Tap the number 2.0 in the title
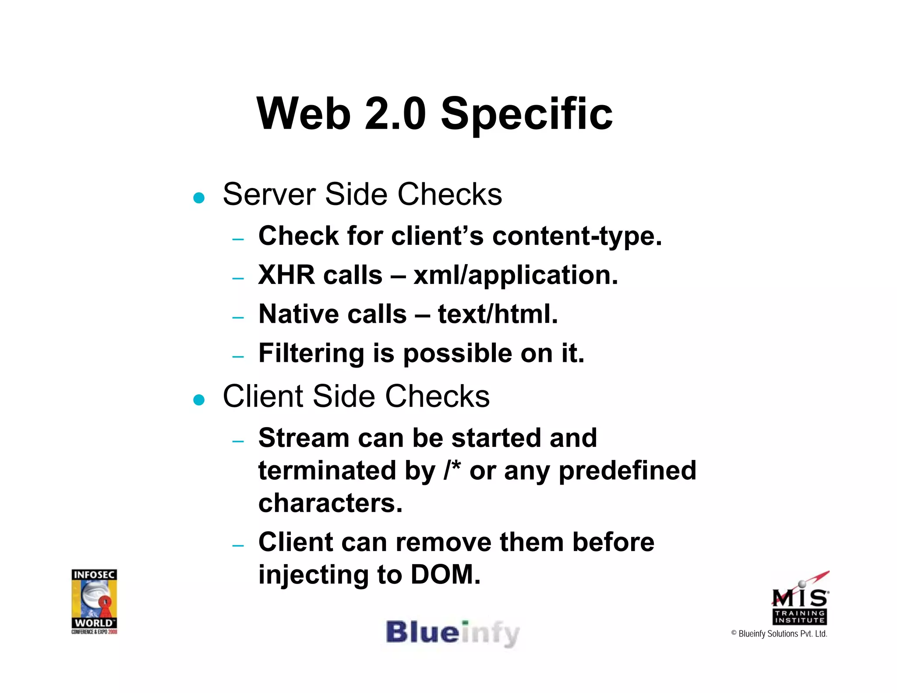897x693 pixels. pos(395,114)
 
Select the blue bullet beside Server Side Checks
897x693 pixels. pos(199,198)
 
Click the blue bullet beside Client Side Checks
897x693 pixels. pos(199,400)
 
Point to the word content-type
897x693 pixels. pos(577,237)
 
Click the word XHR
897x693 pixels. pos(286,275)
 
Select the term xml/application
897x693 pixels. pos(515,276)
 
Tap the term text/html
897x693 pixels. pos(498,314)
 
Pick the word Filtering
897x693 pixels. pos(311,354)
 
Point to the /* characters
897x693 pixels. pos(452,470)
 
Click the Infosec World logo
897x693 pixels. pos(94,601)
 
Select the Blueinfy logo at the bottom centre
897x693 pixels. pos(452,633)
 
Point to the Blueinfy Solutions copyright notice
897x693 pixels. pos(779,634)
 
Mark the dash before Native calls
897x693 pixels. pos(238,317)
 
